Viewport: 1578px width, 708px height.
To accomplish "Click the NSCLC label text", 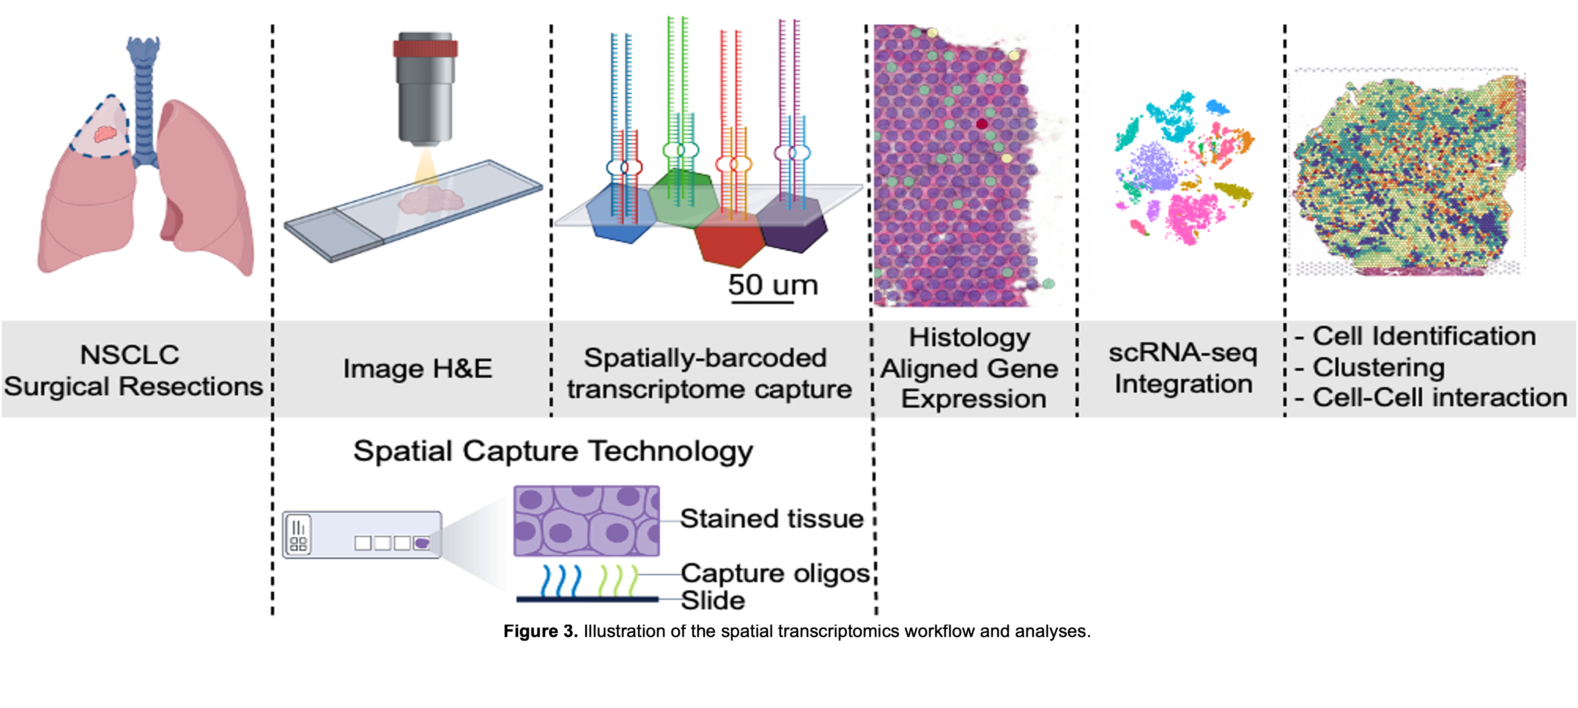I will tap(130, 355).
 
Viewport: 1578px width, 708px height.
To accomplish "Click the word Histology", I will tap(969, 338).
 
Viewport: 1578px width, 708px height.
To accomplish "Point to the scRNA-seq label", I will tap(1182, 353).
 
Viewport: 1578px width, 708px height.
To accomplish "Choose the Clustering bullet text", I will tap(1378, 367).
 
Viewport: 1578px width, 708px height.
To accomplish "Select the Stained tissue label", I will tap(771, 519).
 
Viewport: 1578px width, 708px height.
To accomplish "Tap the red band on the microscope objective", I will tap(425, 49).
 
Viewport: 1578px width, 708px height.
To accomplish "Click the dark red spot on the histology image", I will tap(981, 124).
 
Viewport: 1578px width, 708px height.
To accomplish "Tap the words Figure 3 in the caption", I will tap(540, 631).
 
